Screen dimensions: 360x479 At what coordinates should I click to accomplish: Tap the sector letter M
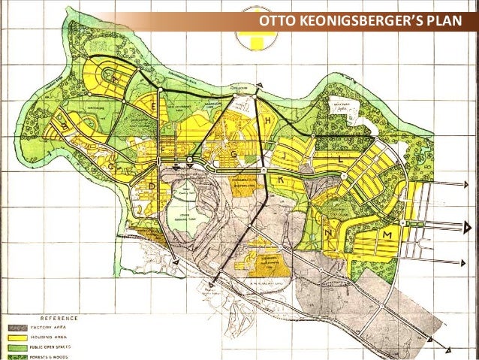click(387, 236)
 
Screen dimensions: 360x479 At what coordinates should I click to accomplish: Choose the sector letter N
click(330, 234)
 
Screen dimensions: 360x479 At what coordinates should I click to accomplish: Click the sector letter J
click(286, 156)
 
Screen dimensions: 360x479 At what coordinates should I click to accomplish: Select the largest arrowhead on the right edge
click(468, 226)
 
